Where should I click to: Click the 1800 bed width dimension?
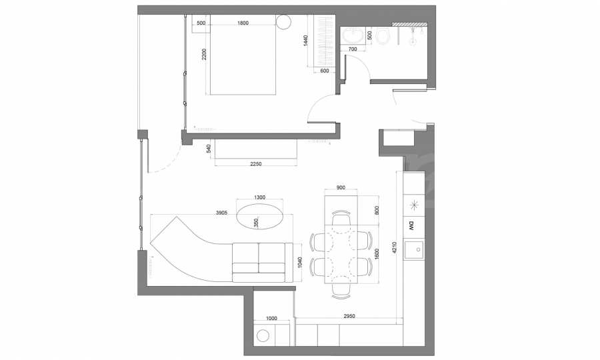(243, 23)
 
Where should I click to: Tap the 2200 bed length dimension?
(204, 54)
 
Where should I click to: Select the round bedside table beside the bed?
(283, 22)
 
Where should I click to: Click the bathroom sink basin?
(353, 36)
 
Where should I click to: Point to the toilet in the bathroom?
(382, 37)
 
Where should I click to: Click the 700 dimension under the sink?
(353, 49)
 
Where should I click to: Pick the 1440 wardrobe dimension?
(305, 41)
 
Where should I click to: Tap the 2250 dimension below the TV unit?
(255, 164)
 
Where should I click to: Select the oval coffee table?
(260, 216)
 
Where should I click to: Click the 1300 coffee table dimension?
(259, 197)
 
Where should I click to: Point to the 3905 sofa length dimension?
(221, 213)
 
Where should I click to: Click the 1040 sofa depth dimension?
(299, 262)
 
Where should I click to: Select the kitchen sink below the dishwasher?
(415, 250)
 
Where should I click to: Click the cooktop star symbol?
(415, 205)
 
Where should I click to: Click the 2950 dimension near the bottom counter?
(349, 316)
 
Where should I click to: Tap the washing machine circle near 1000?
(263, 336)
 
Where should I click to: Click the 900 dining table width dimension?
(341, 187)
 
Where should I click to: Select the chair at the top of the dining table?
(341, 218)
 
